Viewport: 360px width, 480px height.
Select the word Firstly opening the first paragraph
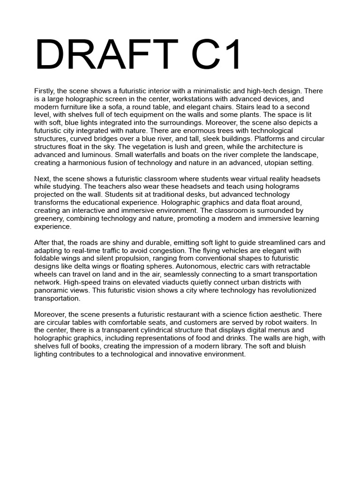pyautogui.click(x=45, y=91)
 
